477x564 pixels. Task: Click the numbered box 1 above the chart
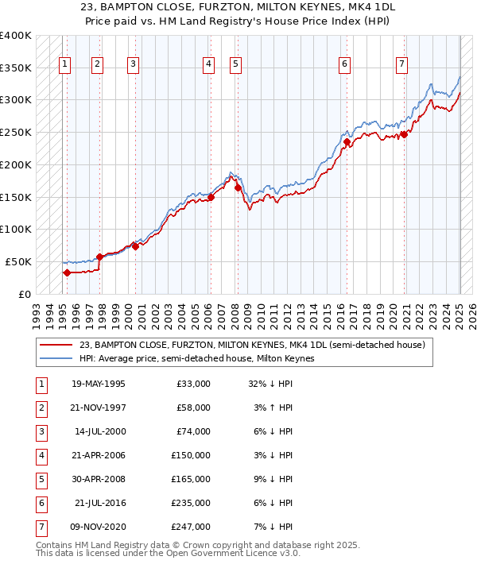click(x=64, y=64)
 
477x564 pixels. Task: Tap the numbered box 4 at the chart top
click(x=207, y=64)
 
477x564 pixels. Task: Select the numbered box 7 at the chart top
click(x=402, y=64)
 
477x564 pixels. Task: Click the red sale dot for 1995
click(x=67, y=272)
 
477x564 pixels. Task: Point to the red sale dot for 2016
click(x=347, y=142)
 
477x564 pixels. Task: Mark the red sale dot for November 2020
click(x=404, y=134)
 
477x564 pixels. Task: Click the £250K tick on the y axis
click(x=16, y=132)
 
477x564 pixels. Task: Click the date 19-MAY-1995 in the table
click(x=98, y=384)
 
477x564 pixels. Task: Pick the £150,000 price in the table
click(x=191, y=455)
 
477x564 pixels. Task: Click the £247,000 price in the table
click(x=191, y=527)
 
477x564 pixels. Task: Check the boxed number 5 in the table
click(x=40, y=479)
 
